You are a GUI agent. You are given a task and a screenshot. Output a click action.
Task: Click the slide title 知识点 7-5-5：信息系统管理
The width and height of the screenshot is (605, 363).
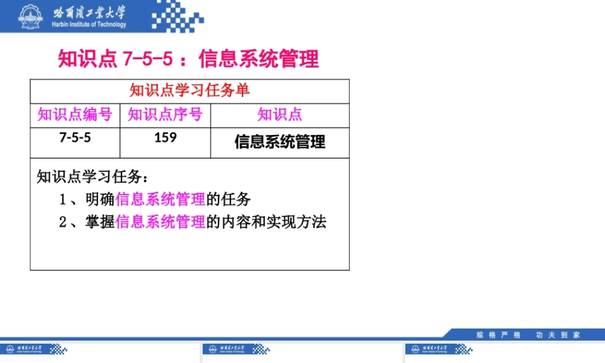point(188,59)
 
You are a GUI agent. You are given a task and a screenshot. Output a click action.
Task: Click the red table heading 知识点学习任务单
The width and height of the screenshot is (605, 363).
point(189,91)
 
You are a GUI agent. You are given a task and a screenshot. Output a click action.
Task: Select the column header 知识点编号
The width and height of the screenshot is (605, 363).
point(75,115)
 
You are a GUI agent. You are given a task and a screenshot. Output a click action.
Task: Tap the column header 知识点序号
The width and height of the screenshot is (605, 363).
point(165,115)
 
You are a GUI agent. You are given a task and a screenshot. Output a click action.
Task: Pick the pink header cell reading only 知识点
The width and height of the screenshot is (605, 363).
point(280,115)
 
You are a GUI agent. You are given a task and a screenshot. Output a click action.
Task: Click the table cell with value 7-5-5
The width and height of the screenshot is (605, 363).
point(75,137)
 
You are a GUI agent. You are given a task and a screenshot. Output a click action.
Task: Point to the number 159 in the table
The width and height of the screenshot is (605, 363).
point(165,137)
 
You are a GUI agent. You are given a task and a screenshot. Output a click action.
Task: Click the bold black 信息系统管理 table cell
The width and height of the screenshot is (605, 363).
point(280,142)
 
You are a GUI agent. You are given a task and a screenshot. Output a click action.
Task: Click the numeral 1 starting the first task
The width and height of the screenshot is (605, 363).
point(62,200)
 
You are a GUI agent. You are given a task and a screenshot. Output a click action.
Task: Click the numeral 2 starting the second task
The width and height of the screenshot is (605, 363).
point(62,223)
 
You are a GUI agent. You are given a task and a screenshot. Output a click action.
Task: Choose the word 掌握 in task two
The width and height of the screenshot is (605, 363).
point(100,223)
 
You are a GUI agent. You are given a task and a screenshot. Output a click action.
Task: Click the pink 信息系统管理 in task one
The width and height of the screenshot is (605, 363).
point(160,200)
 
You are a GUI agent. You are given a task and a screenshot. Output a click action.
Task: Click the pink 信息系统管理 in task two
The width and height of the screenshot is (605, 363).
point(160,223)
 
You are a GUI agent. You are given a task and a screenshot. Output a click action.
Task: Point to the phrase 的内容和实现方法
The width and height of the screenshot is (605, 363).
point(266,223)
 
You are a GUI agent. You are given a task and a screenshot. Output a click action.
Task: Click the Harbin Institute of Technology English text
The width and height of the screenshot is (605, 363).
point(90,25)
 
